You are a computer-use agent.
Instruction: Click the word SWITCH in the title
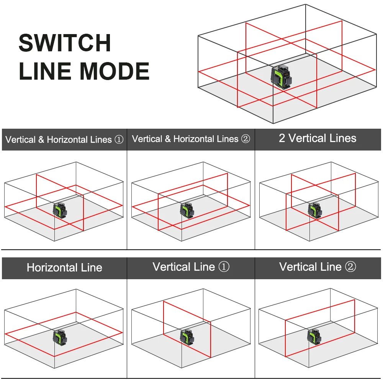coord(65,43)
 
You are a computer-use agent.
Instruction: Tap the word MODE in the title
coord(115,71)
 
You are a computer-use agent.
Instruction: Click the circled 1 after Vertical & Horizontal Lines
coord(119,140)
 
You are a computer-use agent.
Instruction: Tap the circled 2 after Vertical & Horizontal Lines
coord(245,139)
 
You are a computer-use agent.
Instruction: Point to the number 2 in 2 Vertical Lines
coord(282,138)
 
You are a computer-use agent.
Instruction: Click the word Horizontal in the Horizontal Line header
coord(52,268)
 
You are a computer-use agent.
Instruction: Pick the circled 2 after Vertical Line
coord(350,267)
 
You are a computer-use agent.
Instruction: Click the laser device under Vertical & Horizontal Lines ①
coord(60,210)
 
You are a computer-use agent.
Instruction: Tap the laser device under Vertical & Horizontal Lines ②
coord(187,210)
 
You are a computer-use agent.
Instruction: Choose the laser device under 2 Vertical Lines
coord(315,210)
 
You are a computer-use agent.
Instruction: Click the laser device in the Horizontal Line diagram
coord(60,337)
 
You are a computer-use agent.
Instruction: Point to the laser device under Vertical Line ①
coord(187,337)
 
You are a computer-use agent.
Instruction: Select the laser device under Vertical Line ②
coord(314,337)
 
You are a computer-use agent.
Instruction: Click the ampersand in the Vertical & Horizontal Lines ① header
coord(41,140)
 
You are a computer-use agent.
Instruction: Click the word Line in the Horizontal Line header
coord(92,268)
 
